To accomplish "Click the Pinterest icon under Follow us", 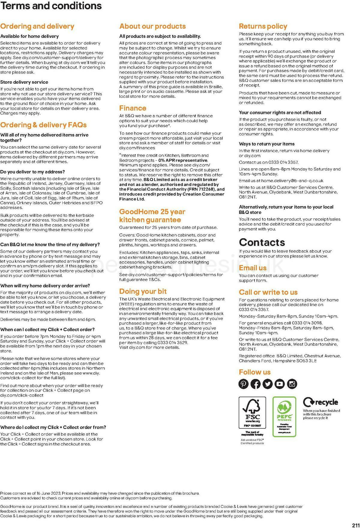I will click(244, 384).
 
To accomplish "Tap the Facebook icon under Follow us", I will click(256, 384).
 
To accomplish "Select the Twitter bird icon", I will click(268, 384).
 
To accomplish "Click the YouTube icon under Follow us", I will click(280, 384).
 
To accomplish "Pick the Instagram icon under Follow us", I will click(292, 384).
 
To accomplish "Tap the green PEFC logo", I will click(284, 416).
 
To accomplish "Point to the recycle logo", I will click(320, 402).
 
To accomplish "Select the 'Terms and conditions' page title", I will click(51, 6).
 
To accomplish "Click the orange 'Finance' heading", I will click(133, 108).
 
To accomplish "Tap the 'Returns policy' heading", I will click(263, 26).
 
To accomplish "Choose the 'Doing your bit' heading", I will click(143, 291).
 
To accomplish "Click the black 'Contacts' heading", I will click(262, 242).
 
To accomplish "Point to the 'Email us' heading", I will click(253, 268).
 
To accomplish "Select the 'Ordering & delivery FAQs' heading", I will click(43, 125).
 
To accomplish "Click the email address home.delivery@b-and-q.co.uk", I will click(292, 181).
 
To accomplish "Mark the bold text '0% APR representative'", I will click(183, 160).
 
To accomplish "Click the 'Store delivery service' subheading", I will click(24, 82).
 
